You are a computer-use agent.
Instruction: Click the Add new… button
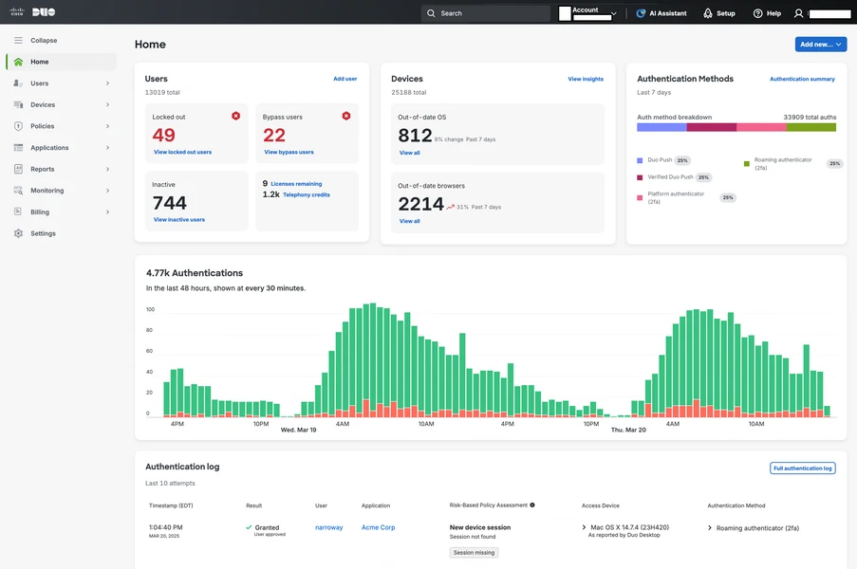820,45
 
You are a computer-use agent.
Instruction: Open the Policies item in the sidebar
42,126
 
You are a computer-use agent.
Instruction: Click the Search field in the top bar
486,13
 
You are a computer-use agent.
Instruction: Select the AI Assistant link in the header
663,13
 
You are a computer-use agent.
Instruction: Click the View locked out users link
182,152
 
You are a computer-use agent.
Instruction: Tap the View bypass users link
289,152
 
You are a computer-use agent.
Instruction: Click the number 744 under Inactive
170,202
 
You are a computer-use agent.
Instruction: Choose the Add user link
345,79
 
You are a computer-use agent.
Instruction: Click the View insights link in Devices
586,79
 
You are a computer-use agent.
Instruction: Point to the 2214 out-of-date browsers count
420,204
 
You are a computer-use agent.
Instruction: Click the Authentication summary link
802,79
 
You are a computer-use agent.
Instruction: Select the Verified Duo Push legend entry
671,177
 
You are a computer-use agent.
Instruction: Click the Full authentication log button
802,468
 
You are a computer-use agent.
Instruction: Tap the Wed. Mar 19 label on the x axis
298,430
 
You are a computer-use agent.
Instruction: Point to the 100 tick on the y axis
150,309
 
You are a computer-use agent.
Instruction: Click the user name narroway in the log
328,527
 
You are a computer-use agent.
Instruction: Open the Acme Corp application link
378,527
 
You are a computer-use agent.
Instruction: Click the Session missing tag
474,553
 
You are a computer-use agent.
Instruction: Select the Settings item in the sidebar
43,233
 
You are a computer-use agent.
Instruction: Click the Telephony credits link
306,194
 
